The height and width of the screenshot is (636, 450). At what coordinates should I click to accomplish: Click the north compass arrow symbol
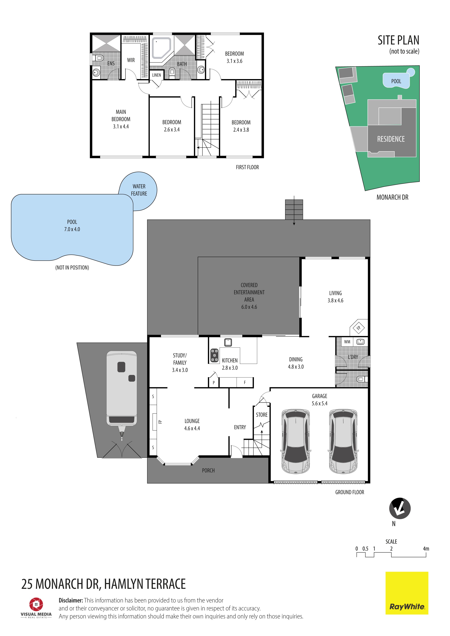(x=400, y=509)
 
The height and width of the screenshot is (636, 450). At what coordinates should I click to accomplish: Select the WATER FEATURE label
(x=139, y=190)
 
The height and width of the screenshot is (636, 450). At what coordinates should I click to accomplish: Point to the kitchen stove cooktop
(x=214, y=355)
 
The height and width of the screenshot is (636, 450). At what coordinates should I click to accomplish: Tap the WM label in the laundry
(x=347, y=342)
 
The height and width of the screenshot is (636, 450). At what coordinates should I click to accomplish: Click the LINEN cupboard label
(x=157, y=75)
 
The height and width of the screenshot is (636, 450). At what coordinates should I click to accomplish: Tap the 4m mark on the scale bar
(x=426, y=549)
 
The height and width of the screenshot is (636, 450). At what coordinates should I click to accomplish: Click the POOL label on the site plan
(x=396, y=81)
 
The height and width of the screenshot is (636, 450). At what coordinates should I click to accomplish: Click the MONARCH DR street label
(x=392, y=197)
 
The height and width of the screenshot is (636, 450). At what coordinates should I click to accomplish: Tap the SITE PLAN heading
(x=398, y=40)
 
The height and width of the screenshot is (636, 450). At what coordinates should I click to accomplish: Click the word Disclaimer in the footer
(x=71, y=600)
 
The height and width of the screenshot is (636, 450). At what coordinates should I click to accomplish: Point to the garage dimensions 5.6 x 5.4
(x=319, y=403)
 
